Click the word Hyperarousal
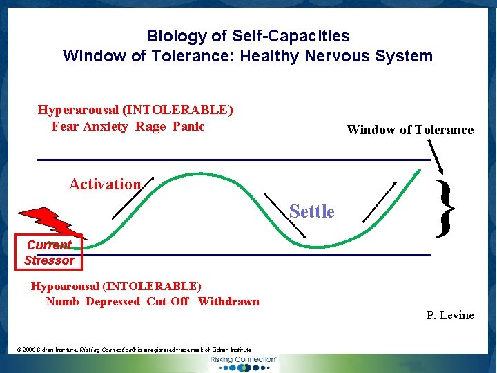pyautogui.click(x=77, y=110)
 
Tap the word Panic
pyautogui.click(x=188, y=126)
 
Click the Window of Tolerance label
pyautogui.click(x=409, y=130)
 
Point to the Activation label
pyautogui.click(x=105, y=184)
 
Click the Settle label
pyautogui.click(x=312, y=211)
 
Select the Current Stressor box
pyautogui.click(x=49, y=252)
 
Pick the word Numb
pyautogui.click(x=62, y=301)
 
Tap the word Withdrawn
pyautogui.click(x=228, y=301)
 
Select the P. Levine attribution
pyautogui.click(x=450, y=316)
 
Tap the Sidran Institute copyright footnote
pyautogui.click(x=134, y=350)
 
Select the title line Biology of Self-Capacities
pyautogui.click(x=248, y=36)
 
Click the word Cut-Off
pyautogui.click(x=168, y=301)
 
